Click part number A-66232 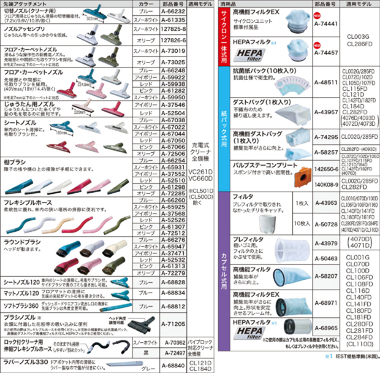pyautogui.click(x=173, y=12)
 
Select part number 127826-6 pyautogui.click(x=173, y=40)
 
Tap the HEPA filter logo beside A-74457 pyautogui.click(x=249, y=55)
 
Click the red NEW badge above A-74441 pyautogui.click(x=317, y=16)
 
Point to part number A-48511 pyautogui.click(x=326, y=83)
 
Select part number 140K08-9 pyautogui.click(x=326, y=185)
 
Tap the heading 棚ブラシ pyautogui.click(x=14, y=162)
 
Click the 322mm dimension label pyautogui.click(x=92, y=19)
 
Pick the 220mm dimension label pyautogui.click(x=80, y=112)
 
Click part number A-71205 pyautogui.click(x=173, y=324)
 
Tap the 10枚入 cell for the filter pyautogui.click(x=302, y=223)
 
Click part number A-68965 pyautogui.click(x=326, y=328)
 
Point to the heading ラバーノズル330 pyautogui.click(x=26, y=362)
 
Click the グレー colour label pyautogui.click(x=148, y=369)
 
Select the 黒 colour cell pyautogui.click(x=146, y=353)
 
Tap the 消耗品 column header pyautogui.click(x=228, y=4)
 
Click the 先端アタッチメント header pyautogui.click(x=25, y=4)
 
